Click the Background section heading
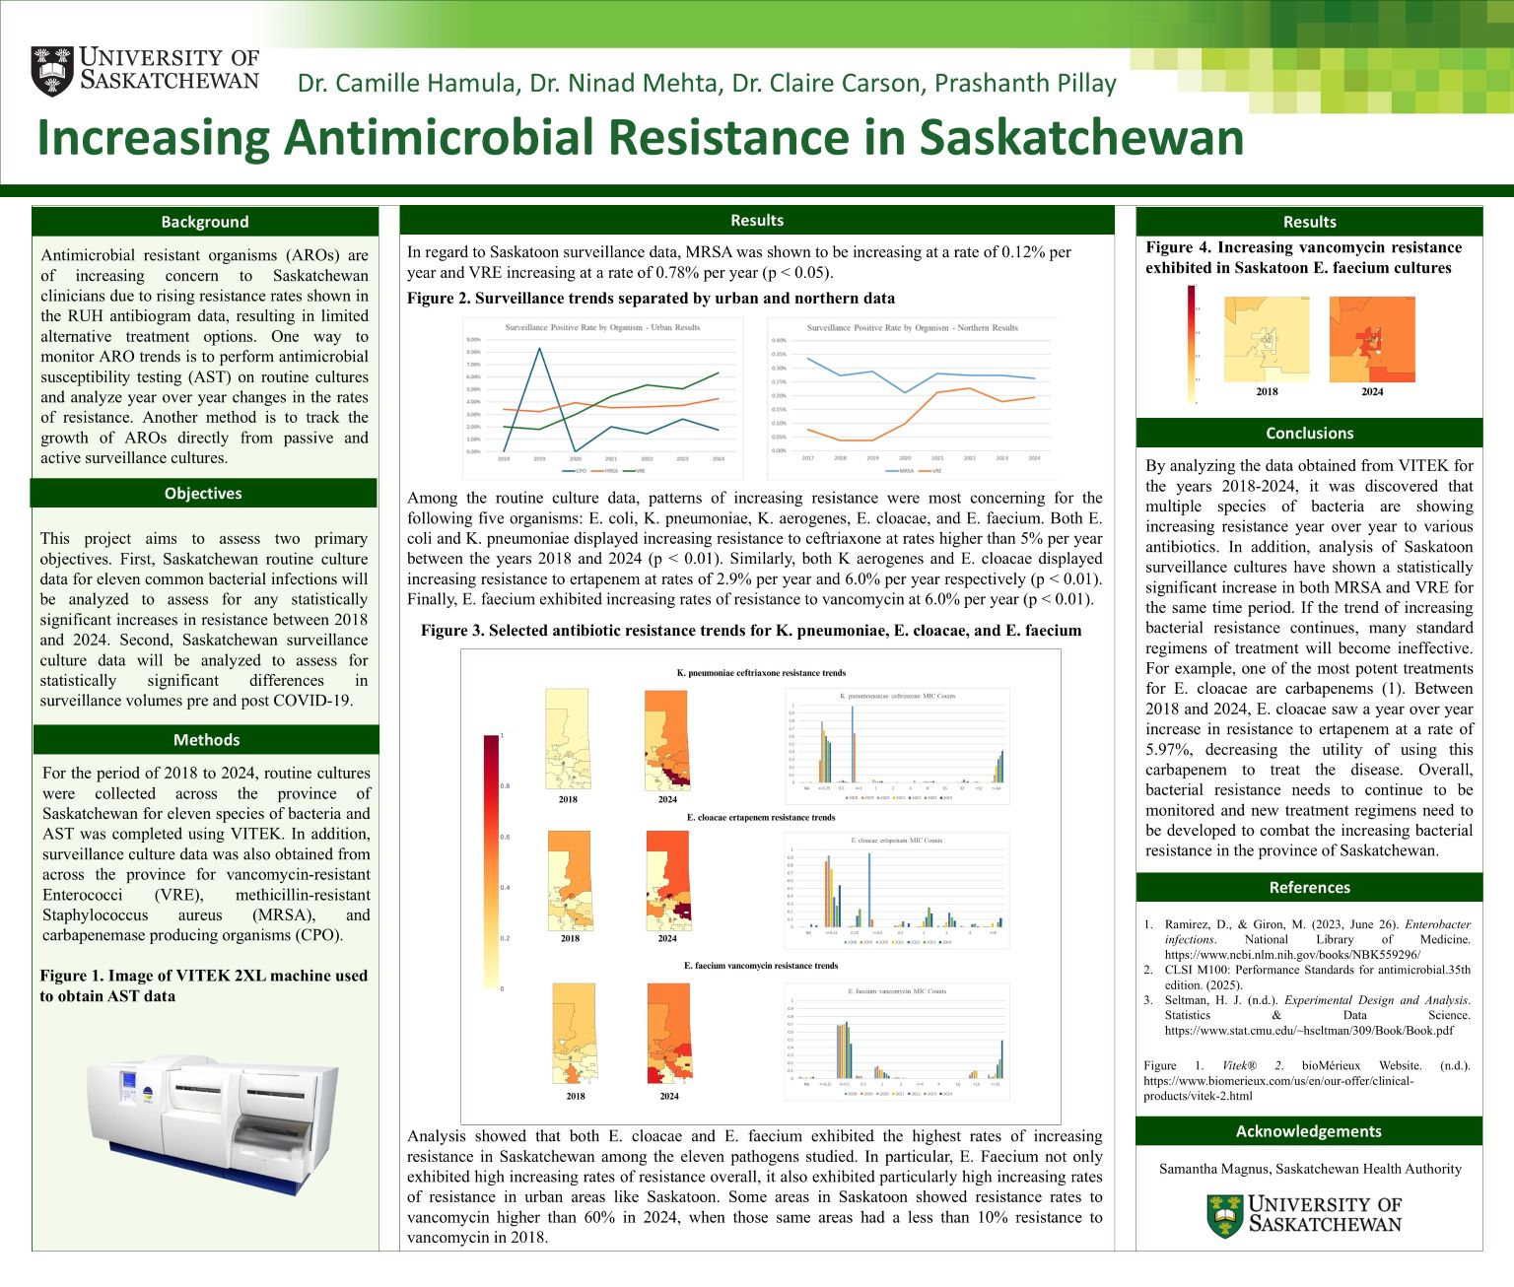click(x=205, y=222)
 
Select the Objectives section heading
click(x=203, y=494)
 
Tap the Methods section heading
click(x=206, y=740)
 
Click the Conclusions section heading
click(x=1309, y=434)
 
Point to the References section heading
click(x=1309, y=888)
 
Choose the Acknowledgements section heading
click(x=1309, y=1131)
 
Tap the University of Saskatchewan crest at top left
click(x=51, y=71)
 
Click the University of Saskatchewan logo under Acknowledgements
click(x=1304, y=1214)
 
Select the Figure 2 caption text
click(x=651, y=299)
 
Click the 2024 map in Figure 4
click(x=1372, y=340)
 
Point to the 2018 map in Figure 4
click(x=1267, y=340)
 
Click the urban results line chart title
click(x=602, y=327)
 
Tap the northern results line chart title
click(x=912, y=327)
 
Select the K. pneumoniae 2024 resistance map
click(x=667, y=739)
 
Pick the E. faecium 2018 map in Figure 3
click(x=575, y=1034)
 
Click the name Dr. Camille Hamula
click(x=408, y=84)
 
